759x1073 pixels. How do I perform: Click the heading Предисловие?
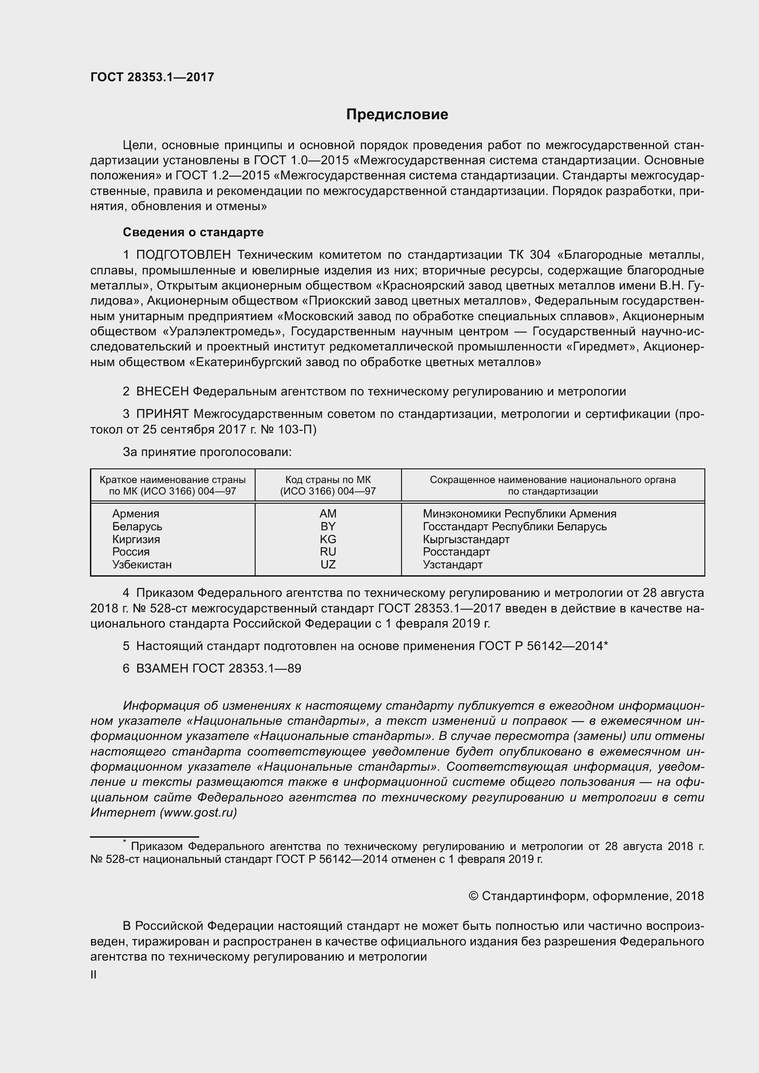click(397, 115)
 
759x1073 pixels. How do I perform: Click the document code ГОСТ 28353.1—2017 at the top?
click(152, 77)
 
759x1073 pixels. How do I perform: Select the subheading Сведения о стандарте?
click(193, 232)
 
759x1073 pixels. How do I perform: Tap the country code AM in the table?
click(328, 514)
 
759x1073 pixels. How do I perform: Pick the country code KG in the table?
click(328, 539)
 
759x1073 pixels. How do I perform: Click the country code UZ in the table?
click(328, 565)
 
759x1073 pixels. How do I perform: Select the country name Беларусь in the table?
click(137, 527)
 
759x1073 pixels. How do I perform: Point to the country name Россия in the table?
click(131, 552)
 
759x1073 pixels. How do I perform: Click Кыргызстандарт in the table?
click(466, 539)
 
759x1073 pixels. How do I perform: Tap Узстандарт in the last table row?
click(452, 565)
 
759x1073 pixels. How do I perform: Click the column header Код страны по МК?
click(328, 480)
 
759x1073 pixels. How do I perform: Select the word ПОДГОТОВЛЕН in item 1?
click(183, 255)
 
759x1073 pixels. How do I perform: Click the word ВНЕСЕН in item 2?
click(162, 392)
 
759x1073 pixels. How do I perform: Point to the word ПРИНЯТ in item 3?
click(162, 414)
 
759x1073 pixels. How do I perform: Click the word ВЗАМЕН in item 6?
click(162, 668)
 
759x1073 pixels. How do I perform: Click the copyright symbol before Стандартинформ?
click(473, 896)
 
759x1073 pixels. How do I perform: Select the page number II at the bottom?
click(94, 975)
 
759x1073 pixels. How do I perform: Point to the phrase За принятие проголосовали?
click(207, 452)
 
